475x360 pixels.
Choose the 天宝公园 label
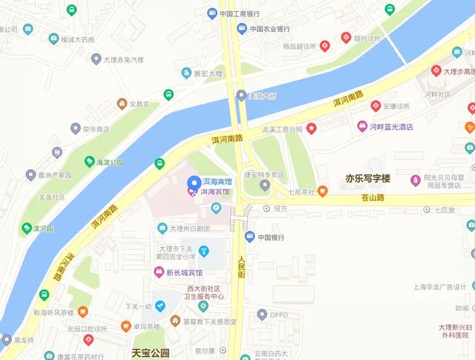coord(151,353)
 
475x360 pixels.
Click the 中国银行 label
coord(271,238)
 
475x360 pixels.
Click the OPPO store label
coord(278,315)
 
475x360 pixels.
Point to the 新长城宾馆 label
coord(183,272)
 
